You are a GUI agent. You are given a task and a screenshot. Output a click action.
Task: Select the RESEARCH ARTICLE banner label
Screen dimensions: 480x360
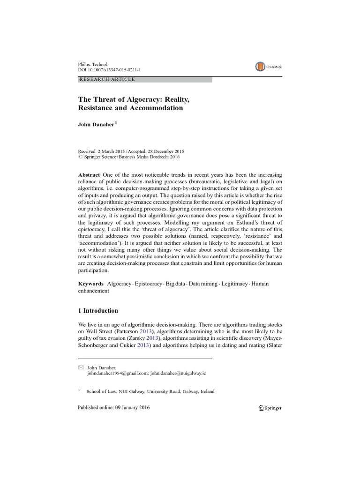(107, 79)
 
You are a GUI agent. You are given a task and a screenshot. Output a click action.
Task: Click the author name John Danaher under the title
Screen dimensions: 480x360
(96, 125)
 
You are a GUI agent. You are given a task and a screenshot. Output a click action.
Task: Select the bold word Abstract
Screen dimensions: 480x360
(89, 175)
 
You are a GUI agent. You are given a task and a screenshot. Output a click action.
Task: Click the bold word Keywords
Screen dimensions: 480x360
(91, 284)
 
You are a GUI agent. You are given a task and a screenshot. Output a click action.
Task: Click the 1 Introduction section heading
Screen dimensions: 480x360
(98, 310)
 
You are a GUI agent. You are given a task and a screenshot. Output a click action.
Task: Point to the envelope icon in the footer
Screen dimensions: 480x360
(80, 368)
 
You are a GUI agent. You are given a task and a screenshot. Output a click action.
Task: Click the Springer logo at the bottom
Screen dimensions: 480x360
(270, 408)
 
